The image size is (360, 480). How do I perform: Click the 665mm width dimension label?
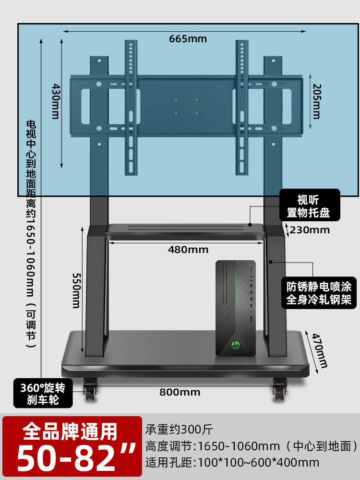tap(188, 39)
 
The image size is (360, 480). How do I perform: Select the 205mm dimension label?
tap(315, 101)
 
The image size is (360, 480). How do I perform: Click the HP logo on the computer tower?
tap(236, 345)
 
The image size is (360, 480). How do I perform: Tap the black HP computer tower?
tap(236, 307)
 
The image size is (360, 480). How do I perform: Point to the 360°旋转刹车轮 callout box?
tap(43, 393)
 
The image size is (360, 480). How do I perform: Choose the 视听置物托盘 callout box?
tap(311, 205)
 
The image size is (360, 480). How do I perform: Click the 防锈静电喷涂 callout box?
tap(319, 293)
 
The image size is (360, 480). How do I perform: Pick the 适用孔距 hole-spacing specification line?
tap(232, 463)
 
